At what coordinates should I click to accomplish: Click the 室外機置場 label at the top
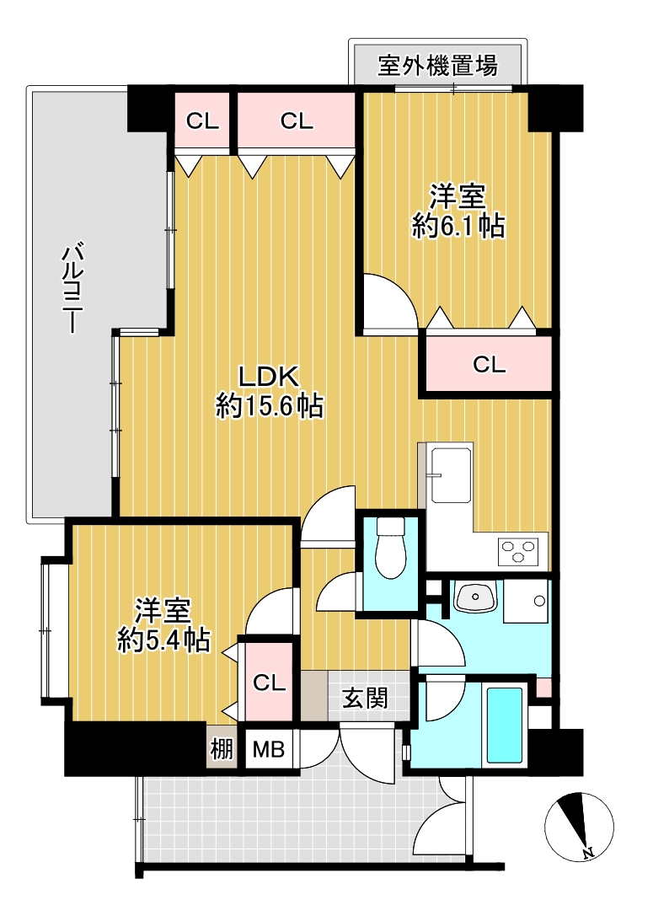point(437,65)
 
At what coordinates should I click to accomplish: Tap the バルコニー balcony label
point(72,290)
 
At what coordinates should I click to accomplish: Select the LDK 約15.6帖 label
point(270,391)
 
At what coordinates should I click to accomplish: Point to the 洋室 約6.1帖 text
point(458,211)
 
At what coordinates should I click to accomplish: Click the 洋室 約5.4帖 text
point(163,625)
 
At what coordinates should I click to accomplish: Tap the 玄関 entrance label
point(365,699)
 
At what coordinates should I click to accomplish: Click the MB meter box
point(269,749)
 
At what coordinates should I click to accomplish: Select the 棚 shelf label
point(222,749)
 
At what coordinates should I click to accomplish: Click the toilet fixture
point(390,548)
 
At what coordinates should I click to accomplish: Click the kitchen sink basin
point(451,474)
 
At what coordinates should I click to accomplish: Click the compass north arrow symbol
point(579,825)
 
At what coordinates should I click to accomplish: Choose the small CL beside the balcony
point(202,121)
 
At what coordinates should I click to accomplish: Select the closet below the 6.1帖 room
point(489,364)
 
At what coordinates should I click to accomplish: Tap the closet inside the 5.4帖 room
point(269,682)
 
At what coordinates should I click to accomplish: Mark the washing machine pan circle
point(538,601)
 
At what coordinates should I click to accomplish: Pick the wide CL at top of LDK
point(296,121)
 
